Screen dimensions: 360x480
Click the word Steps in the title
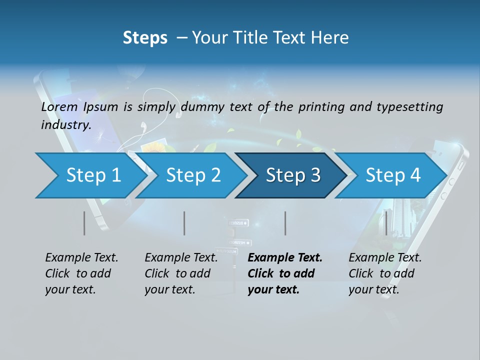145,38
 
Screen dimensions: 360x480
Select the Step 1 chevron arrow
90,175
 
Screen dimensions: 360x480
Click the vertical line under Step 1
84,223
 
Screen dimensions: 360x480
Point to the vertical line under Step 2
184,223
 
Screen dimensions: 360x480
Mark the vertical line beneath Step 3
285,223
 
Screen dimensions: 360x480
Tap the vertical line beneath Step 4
386,223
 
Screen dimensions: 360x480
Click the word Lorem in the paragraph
59,107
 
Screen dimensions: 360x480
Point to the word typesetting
409,107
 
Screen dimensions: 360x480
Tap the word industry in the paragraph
66,125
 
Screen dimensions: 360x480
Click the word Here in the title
331,38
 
